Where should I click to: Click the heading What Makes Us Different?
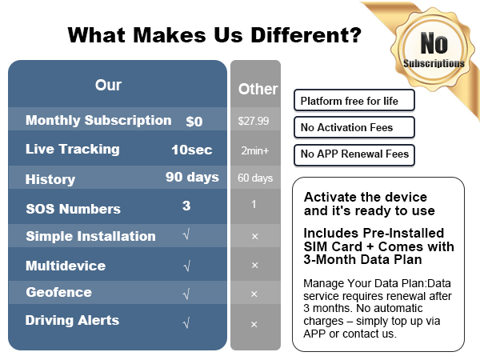pos(214,35)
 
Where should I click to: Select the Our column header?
pos(108,84)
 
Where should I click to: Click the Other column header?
pos(258,89)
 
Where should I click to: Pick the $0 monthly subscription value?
pos(194,122)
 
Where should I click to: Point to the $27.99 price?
pos(254,122)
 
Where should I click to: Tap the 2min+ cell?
pos(254,150)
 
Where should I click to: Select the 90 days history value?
pos(192,177)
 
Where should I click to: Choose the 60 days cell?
pos(255,178)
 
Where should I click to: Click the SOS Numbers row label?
pos(73,209)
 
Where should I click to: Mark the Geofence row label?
pos(58,292)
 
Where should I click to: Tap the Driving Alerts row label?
pos(72,320)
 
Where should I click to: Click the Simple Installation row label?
pos(90,236)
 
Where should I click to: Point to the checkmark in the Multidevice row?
pos(186,266)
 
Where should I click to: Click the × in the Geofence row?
pos(254,294)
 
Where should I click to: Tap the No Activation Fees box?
pos(354,127)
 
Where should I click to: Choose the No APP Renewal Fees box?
pos(354,154)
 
